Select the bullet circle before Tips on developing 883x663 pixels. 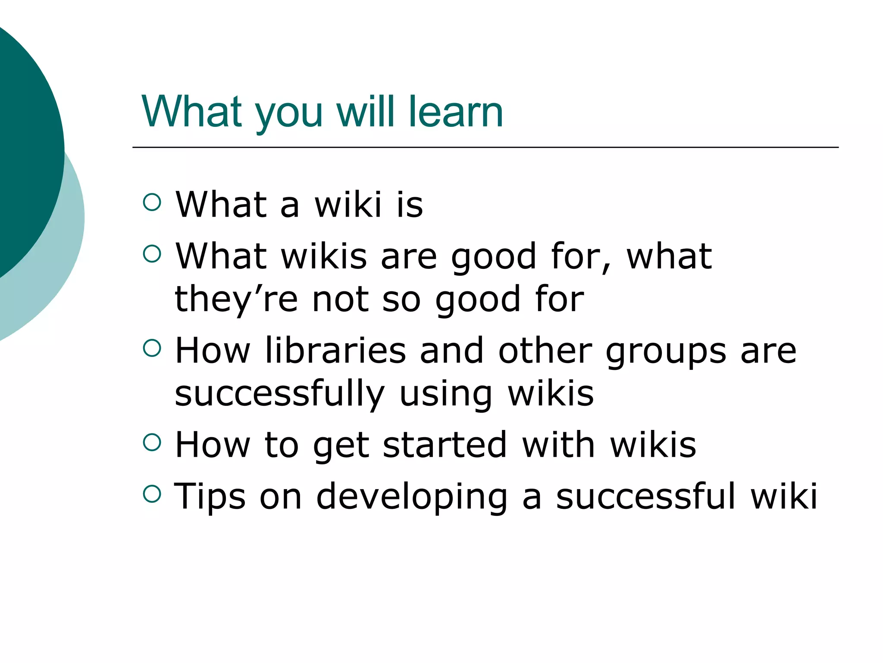coord(152,494)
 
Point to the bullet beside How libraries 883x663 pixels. coord(152,348)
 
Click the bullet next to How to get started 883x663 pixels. coord(152,442)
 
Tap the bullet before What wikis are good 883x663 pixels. coord(152,253)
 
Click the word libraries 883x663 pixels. coord(335,350)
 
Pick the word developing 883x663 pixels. coord(412,496)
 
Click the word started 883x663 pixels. coord(445,445)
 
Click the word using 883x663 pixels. coord(446,394)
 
